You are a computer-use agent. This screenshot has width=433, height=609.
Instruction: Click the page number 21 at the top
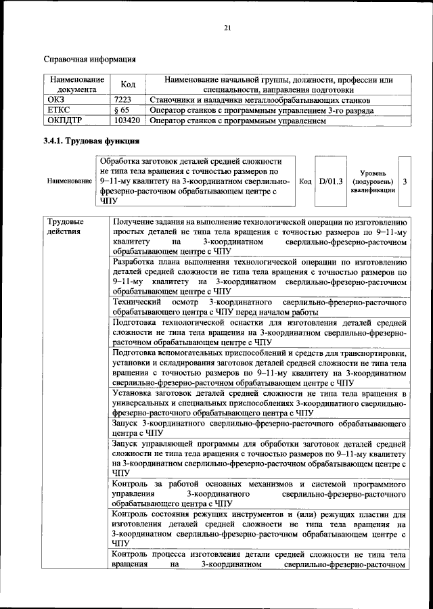(x=227, y=27)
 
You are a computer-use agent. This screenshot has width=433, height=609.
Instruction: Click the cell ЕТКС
(x=58, y=110)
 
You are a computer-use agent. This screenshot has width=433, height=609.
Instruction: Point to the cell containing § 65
(x=122, y=110)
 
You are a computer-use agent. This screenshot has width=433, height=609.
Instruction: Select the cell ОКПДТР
(x=64, y=121)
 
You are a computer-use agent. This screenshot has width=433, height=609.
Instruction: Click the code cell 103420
(x=127, y=121)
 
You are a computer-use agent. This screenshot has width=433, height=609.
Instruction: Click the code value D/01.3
(x=332, y=181)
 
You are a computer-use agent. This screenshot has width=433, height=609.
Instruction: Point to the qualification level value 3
(x=405, y=181)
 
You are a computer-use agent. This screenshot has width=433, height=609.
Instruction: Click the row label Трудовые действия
(x=66, y=227)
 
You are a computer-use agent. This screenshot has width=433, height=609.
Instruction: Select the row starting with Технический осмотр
(x=259, y=306)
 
